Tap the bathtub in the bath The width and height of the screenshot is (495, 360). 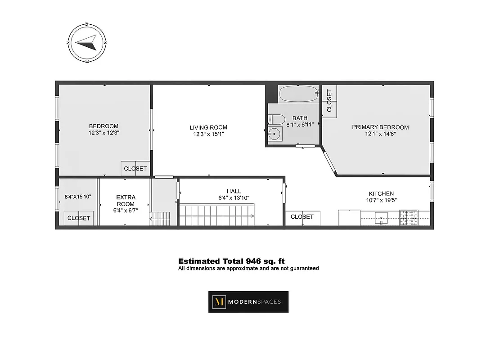point(298,94)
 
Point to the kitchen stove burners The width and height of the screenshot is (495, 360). point(409,217)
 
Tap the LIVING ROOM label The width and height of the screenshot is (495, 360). point(208,127)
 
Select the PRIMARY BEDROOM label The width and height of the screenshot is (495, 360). point(380,127)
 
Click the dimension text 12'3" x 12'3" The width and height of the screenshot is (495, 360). point(103,133)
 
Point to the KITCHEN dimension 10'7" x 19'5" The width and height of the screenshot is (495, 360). point(381,201)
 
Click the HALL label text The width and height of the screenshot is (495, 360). point(234,191)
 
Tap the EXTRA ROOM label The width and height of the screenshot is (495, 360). point(126,201)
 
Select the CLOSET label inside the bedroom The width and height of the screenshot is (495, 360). point(135,169)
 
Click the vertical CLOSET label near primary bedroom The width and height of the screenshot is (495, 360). point(329,101)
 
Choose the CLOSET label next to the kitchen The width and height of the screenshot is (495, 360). point(302,217)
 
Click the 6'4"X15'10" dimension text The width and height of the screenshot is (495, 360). point(78,197)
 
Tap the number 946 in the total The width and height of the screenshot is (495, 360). point(252,261)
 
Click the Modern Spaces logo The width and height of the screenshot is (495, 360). point(248,302)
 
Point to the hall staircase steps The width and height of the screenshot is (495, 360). point(217,215)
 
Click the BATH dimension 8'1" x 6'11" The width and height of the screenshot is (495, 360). point(300,125)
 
